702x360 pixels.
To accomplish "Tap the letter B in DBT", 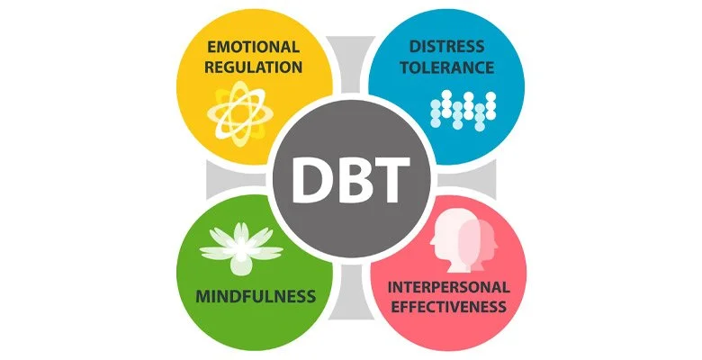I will click(351, 180).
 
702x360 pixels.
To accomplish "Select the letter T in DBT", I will click(394, 180).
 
